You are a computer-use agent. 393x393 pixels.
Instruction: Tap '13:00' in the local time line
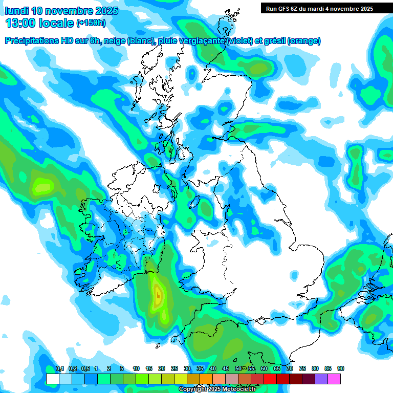20,23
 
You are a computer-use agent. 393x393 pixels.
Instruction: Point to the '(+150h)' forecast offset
91,23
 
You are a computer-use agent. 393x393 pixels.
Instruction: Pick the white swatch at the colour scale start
52,379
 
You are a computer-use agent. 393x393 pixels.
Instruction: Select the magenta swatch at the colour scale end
334,379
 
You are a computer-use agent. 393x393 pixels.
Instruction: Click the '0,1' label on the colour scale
59,369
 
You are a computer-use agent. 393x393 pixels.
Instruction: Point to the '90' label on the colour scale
341,369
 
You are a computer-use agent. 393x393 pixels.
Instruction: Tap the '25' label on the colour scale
174,369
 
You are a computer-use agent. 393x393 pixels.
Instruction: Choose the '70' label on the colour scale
290,369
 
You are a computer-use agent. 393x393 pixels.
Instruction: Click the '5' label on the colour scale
122,369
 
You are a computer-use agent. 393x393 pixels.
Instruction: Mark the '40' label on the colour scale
213,369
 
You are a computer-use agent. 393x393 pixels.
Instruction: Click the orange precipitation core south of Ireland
158,294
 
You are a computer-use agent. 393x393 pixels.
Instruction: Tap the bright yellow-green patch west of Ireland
42,185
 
